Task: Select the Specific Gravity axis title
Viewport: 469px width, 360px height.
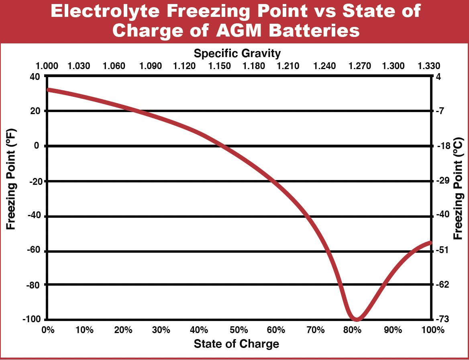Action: coord(237,53)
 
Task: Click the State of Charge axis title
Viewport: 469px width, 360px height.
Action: coord(237,344)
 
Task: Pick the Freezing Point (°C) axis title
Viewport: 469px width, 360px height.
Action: coord(458,189)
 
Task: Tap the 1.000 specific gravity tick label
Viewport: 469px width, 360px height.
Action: coord(47,66)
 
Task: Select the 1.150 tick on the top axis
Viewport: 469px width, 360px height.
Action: coord(219,66)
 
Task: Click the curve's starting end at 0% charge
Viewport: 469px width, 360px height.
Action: coord(49,90)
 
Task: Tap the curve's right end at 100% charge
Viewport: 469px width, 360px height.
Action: coord(430,242)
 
